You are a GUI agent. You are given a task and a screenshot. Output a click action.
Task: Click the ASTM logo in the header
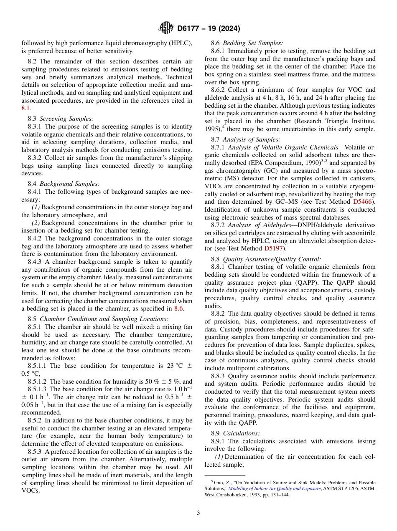tap(166, 28)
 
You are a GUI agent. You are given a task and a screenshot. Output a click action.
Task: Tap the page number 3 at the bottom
tap(198, 513)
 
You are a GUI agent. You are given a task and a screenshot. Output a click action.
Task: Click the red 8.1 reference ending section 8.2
tap(26, 108)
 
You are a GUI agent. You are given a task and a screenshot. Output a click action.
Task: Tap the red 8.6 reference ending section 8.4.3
tap(178, 308)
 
